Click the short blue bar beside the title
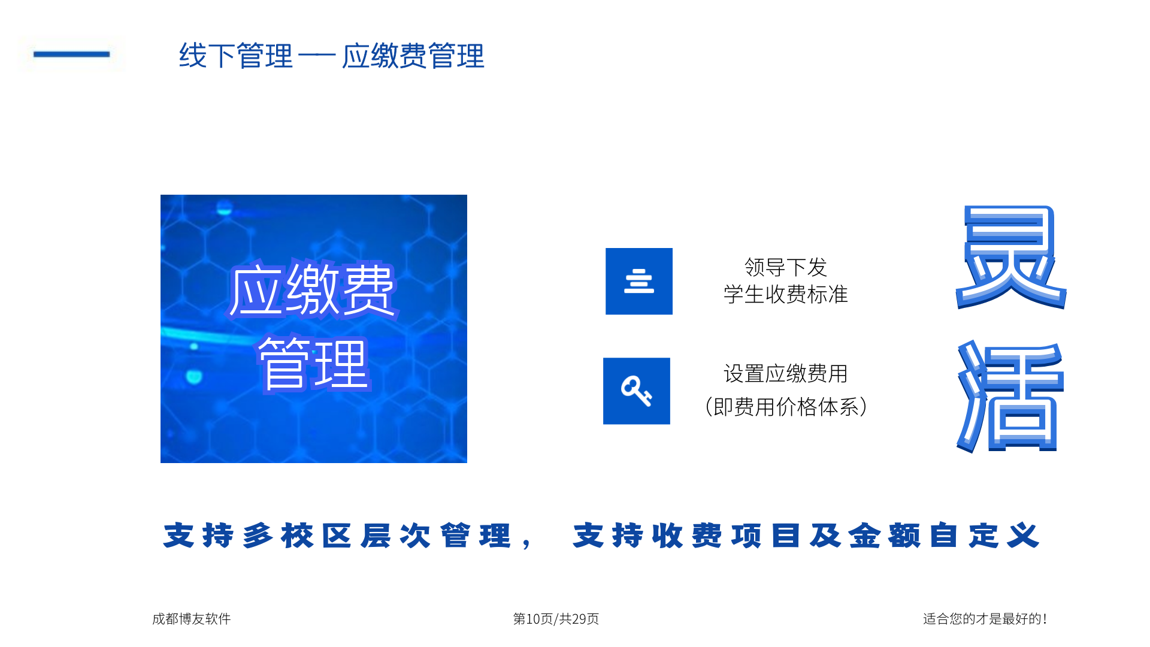[x=72, y=54]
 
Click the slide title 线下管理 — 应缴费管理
[x=331, y=56]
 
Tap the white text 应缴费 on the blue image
[x=312, y=290]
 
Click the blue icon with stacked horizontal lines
[x=639, y=281]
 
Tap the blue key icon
[x=637, y=391]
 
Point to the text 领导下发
[x=786, y=267]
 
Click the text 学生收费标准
[x=786, y=294]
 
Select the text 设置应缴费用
[x=786, y=373]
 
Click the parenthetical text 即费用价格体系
[x=786, y=407]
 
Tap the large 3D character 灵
[x=1011, y=256]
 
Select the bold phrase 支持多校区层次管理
[x=337, y=535]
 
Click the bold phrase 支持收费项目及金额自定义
[x=806, y=535]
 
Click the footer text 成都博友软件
[x=192, y=619]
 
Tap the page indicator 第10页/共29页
[x=556, y=619]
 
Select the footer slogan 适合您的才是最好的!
[x=985, y=619]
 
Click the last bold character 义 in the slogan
[x=1023, y=535]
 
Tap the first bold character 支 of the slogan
[x=179, y=535]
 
